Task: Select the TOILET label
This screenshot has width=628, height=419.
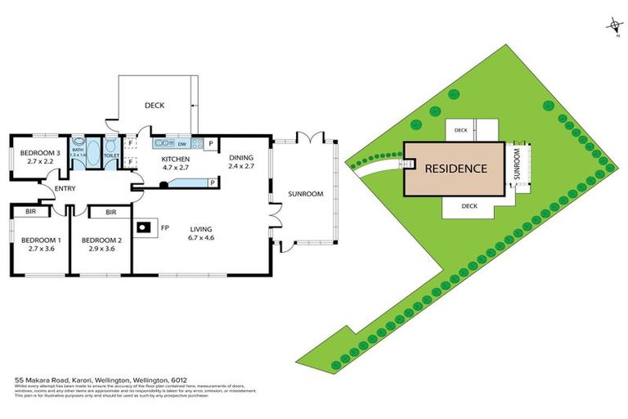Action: [x=112, y=155]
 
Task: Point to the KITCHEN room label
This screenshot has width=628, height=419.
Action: [x=175, y=159]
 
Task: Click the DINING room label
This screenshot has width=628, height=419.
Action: [x=241, y=158]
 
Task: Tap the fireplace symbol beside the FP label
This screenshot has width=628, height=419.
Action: [x=145, y=228]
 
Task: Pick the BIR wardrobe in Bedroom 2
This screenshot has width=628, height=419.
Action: [x=110, y=211]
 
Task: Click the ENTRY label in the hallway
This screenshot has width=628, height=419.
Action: [x=65, y=189]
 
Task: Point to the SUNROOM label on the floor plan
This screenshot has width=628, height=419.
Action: [x=306, y=194]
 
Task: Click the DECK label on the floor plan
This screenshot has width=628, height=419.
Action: [x=155, y=105]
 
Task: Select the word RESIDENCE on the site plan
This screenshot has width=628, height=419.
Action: [x=455, y=169]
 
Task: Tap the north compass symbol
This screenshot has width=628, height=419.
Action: [x=612, y=28]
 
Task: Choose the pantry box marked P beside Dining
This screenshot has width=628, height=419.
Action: [x=210, y=143]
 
